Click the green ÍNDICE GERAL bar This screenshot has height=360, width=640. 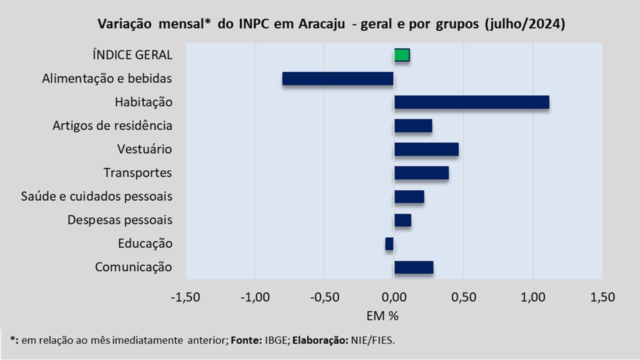(x=402, y=55)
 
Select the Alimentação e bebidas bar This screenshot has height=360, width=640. (x=338, y=78)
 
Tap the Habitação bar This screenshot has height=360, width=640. (x=471, y=102)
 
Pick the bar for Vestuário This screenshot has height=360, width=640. (x=426, y=149)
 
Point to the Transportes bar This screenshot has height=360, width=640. (x=421, y=173)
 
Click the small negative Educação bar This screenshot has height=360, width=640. (x=389, y=243)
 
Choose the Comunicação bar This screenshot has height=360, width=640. (x=413, y=267)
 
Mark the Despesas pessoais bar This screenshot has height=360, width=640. (x=402, y=220)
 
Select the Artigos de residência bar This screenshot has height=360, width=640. (x=413, y=125)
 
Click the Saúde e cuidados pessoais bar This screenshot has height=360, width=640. (x=409, y=196)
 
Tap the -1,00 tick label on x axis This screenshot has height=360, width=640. (x=255, y=297)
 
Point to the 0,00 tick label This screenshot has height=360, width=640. (x=394, y=297)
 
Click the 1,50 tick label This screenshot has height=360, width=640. (x=602, y=297)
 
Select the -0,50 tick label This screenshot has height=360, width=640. (x=324, y=297)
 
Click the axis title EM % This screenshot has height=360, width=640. (x=382, y=316)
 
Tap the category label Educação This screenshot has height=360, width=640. (x=145, y=243)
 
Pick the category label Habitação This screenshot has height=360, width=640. (x=143, y=102)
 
